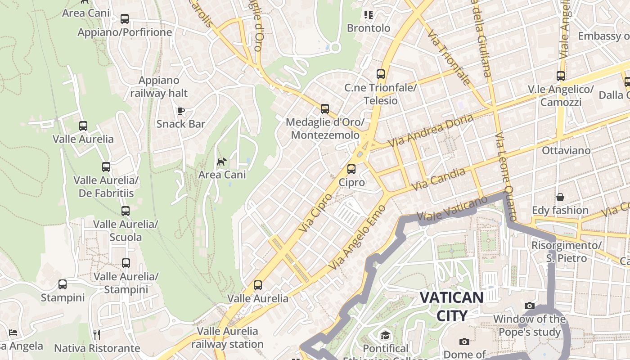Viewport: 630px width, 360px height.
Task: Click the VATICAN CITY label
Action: [452, 306]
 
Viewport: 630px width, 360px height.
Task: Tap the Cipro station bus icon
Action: [351, 169]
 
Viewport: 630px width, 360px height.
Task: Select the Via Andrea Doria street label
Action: [431, 130]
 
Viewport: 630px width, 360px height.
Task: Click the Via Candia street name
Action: [439, 179]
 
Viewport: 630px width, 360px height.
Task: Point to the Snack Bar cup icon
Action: [181, 111]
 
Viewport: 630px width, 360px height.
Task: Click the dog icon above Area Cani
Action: [221, 162]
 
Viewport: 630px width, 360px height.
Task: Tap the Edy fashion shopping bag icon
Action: [560, 197]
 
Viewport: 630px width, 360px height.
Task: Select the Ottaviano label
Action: [566, 150]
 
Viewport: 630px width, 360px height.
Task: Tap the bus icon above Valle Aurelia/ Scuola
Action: [126, 211]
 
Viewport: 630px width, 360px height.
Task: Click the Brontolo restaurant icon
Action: [369, 15]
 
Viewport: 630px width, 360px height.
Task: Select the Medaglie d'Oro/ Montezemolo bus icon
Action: [325, 109]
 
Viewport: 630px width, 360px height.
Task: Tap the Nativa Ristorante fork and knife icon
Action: [96, 334]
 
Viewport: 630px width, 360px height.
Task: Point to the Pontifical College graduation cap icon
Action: [385, 335]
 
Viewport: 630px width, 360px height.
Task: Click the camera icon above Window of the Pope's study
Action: [530, 306]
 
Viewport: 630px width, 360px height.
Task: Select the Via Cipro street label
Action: [315, 213]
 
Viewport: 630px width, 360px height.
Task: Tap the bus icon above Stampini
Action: [63, 284]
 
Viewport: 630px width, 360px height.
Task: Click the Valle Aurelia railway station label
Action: [227, 337]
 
